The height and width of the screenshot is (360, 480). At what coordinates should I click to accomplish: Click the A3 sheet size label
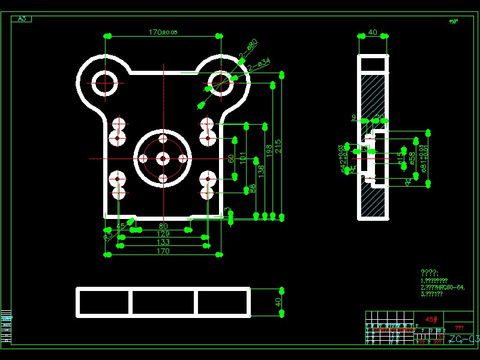click(22, 19)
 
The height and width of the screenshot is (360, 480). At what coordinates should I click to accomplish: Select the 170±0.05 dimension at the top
click(163, 32)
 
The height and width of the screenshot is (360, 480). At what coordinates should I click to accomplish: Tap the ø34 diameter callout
click(263, 62)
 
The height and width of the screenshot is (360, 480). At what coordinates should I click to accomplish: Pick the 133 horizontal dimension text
click(163, 242)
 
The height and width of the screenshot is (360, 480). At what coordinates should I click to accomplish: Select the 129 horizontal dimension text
click(163, 234)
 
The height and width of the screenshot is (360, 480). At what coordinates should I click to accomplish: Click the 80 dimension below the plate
click(163, 226)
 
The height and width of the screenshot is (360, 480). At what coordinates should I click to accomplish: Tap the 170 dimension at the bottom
click(163, 251)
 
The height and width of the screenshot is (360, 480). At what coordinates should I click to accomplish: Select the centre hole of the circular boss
click(163, 158)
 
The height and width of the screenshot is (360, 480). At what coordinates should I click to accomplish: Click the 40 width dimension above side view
click(373, 32)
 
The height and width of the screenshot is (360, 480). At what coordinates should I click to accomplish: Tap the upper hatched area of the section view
click(373, 96)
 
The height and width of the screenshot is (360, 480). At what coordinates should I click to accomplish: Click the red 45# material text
click(431, 320)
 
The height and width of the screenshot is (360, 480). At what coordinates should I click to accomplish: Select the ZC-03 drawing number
click(463, 340)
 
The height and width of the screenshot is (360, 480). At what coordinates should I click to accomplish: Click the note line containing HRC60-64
click(443, 287)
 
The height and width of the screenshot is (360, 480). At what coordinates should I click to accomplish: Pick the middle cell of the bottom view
click(163, 302)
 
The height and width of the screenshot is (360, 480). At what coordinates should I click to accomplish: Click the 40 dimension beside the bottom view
click(278, 302)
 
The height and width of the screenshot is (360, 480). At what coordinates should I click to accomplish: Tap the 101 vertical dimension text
click(243, 158)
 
